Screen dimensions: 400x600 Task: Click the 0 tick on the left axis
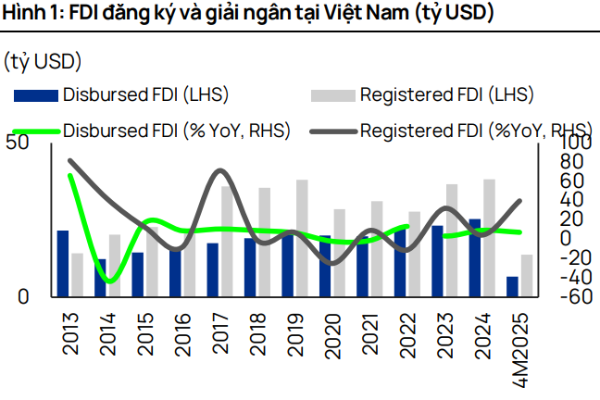25,296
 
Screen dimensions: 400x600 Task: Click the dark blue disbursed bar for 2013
63,263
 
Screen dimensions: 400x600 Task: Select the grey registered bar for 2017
226,241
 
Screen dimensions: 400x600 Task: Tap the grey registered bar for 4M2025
526,275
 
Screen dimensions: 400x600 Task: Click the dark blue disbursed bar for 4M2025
512,286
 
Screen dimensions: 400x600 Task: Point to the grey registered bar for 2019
301,238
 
